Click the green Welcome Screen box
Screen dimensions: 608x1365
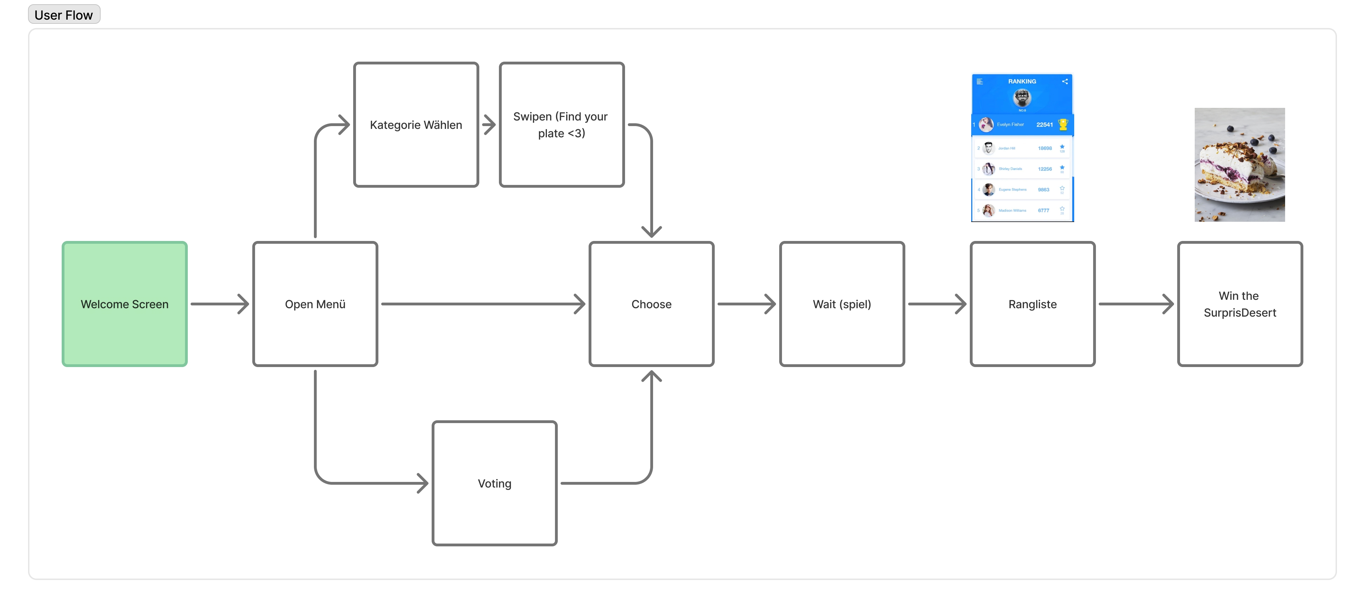click(x=124, y=304)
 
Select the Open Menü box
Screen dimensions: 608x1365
click(x=315, y=304)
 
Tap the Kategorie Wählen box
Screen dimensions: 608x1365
click(x=416, y=125)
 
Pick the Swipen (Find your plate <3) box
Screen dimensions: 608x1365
click(x=562, y=125)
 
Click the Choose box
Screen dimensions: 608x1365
click(x=651, y=304)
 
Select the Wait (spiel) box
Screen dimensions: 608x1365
click(x=842, y=304)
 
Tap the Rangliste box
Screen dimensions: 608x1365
click(x=1032, y=304)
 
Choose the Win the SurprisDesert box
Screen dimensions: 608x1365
click(x=1240, y=304)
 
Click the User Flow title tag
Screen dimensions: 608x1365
click(x=63, y=15)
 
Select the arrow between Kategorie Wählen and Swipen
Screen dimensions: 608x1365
click(x=488, y=125)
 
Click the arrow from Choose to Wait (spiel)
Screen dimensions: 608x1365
click(x=746, y=304)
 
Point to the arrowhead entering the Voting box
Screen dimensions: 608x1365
click(x=423, y=483)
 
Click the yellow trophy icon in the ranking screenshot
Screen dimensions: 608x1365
click(x=1063, y=124)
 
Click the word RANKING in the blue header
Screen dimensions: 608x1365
click(x=1022, y=82)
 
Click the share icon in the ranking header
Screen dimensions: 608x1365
click(x=1065, y=82)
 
